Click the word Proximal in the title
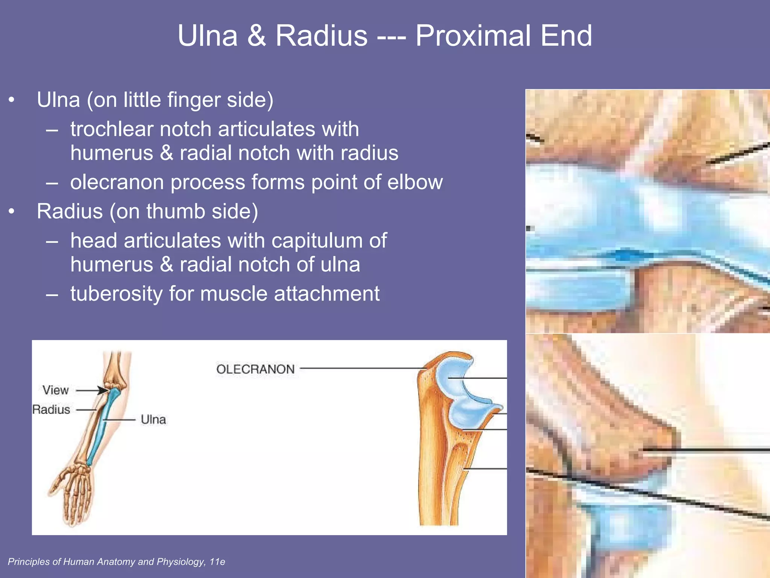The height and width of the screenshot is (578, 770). pyautogui.click(x=472, y=36)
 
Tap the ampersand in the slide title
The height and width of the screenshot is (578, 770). pyautogui.click(x=257, y=36)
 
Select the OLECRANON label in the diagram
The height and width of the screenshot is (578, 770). pyautogui.click(x=255, y=369)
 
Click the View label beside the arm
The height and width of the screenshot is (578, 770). pyautogui.click(x=56, y=390)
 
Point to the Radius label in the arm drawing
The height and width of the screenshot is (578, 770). pyautogui.click(x=51, y=409)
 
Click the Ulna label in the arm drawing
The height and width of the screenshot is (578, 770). pyautogui.click(x=153, y=419)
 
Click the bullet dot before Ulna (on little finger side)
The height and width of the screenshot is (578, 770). pyautogui.click(x=12, y=100)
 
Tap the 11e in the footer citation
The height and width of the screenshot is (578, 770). pyautogui.click(x=217, y=562)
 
